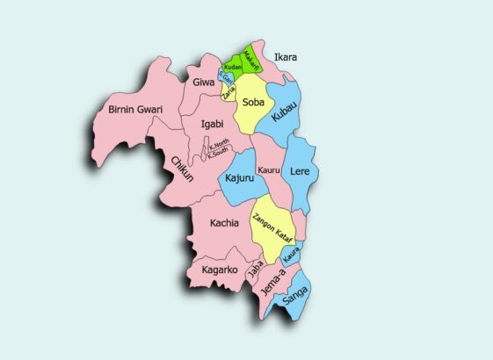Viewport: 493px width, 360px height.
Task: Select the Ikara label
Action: tap(286, 58)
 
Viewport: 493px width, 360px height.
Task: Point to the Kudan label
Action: tap(232, 68)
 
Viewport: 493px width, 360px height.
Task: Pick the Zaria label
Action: tap(229, 90)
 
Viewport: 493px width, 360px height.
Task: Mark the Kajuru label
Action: tap(239, 179)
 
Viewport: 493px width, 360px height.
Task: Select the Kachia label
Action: tap(224, 223)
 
